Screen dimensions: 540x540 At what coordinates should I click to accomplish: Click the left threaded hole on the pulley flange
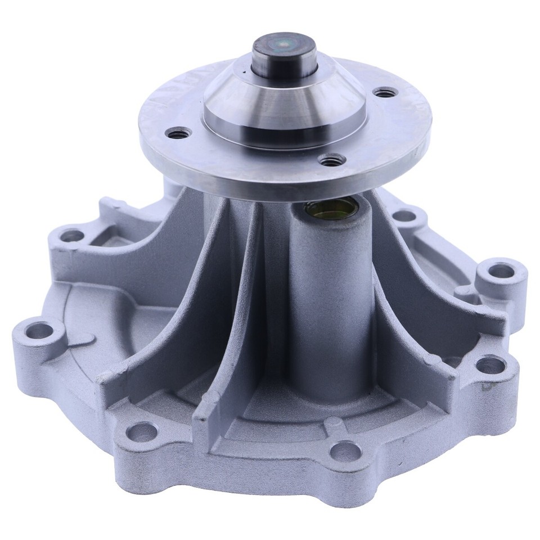tap(182, 132)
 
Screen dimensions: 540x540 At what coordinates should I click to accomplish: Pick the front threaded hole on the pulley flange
tap(329, 159)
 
